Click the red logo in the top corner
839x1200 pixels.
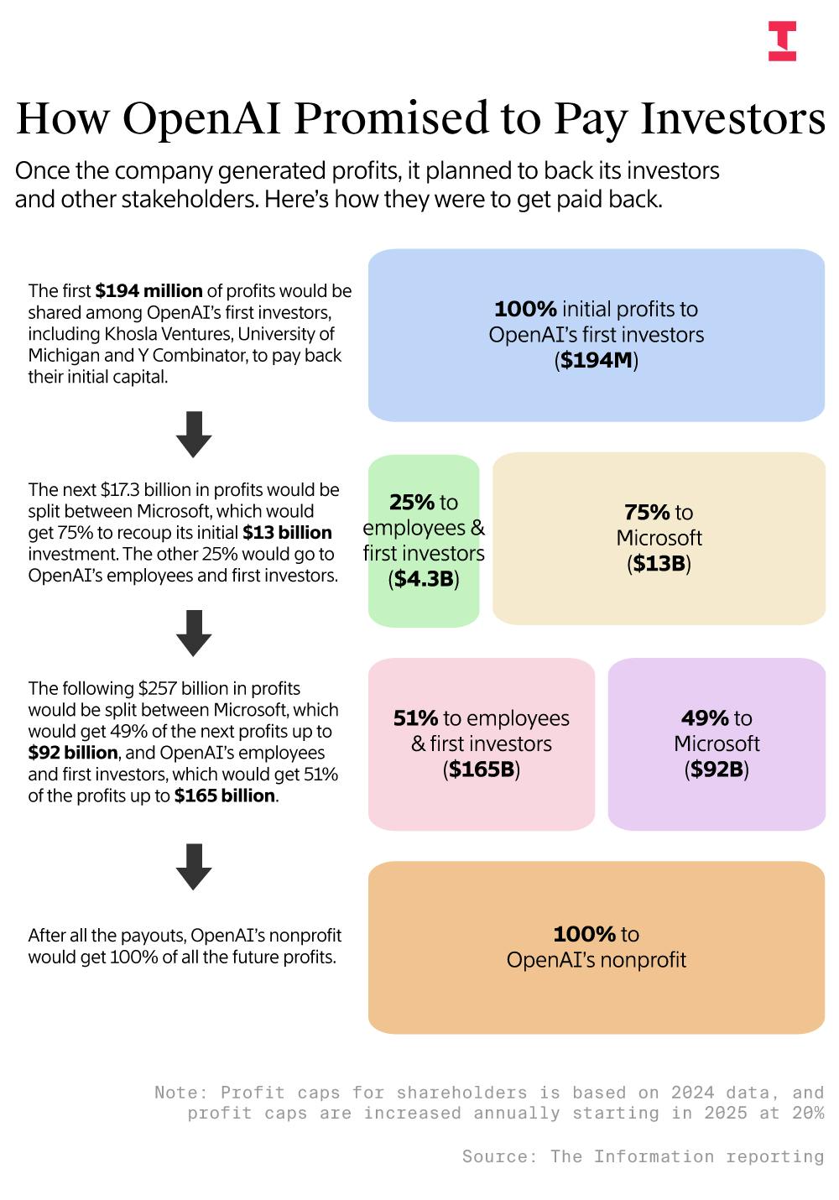782,42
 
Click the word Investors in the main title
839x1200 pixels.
733,118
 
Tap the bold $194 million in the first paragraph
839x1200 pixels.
149,291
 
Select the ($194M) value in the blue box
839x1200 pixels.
597,361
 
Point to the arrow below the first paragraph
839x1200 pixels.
194,434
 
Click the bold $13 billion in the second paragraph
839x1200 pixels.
287,533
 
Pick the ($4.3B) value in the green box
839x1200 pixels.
424,579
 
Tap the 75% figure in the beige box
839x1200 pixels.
646,512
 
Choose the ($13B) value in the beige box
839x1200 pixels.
659,564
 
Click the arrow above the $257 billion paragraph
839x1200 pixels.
194,633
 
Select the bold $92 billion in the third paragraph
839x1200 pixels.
73,753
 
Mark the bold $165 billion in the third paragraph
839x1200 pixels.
225,796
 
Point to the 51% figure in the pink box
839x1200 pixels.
416,718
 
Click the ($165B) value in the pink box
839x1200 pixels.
482,770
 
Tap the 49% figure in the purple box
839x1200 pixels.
705,718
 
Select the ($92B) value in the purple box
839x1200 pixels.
717,770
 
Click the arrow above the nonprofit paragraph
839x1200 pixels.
194,866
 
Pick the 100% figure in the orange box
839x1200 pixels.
585,934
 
